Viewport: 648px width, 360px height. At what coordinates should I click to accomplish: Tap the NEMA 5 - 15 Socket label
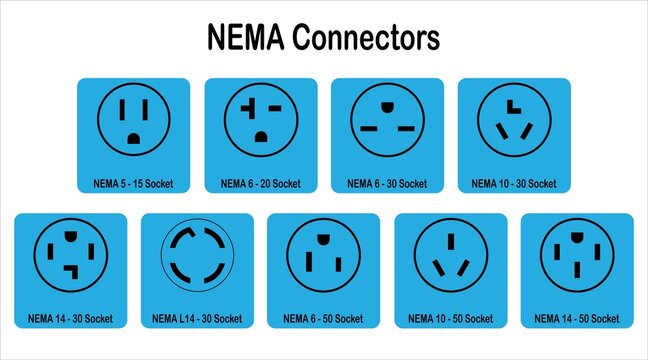[x=133, y=184]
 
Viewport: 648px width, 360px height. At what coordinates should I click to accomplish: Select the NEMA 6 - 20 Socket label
[x=260, y=184]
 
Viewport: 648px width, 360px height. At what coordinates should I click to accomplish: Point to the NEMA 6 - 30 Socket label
[x=387, y=184]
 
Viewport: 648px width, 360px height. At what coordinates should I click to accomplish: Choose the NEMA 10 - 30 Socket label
[x=514, y=184]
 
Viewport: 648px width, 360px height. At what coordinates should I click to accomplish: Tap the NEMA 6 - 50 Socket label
[x=323, y=319]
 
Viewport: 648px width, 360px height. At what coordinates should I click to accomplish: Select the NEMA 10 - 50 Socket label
[x=451, y=319]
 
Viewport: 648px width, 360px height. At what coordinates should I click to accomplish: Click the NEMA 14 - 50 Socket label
[x=578, y=319]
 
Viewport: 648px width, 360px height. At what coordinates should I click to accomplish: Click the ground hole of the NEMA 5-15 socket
[x=133, y=138]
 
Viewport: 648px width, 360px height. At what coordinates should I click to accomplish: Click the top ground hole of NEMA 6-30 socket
[x=387, y=103]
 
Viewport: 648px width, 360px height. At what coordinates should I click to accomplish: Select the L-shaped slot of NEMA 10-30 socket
[x=513, y=107]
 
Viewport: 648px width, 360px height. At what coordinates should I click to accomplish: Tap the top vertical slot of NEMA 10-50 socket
[x=451, y=240]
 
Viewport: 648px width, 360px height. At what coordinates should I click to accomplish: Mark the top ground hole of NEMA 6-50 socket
[x=323, y=240]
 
